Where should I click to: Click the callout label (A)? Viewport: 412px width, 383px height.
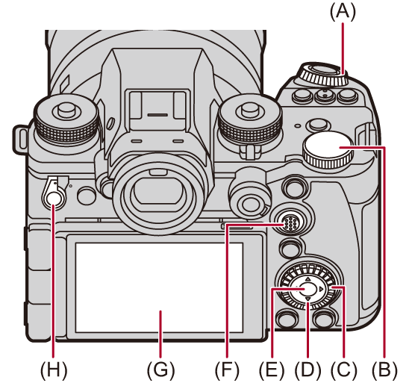click(343, 13)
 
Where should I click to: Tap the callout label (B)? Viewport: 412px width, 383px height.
click(384, 370)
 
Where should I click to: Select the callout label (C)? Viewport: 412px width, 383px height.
click(344, 370)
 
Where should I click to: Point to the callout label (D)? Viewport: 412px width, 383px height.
click(308, 370)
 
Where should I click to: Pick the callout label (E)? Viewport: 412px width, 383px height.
click(272, 370)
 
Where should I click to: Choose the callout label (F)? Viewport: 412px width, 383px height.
click(228, 370)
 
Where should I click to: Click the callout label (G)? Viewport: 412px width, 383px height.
click(160, 370)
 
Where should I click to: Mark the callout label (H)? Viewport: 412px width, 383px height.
click(54, 370)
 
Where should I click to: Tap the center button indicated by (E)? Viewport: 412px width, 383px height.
click(308, 289)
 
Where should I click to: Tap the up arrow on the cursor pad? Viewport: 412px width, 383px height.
click(308, 279)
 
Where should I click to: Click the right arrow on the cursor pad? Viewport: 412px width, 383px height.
click(321, 289)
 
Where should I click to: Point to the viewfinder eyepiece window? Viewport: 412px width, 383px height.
click(154, 190)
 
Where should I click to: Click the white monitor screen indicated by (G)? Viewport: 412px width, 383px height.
click(159, 287)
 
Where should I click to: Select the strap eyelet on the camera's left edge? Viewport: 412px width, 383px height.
click(20, 139)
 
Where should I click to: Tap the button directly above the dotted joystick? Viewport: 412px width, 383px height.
click(294, 187)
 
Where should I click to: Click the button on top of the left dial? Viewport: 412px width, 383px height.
click(66, 109)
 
